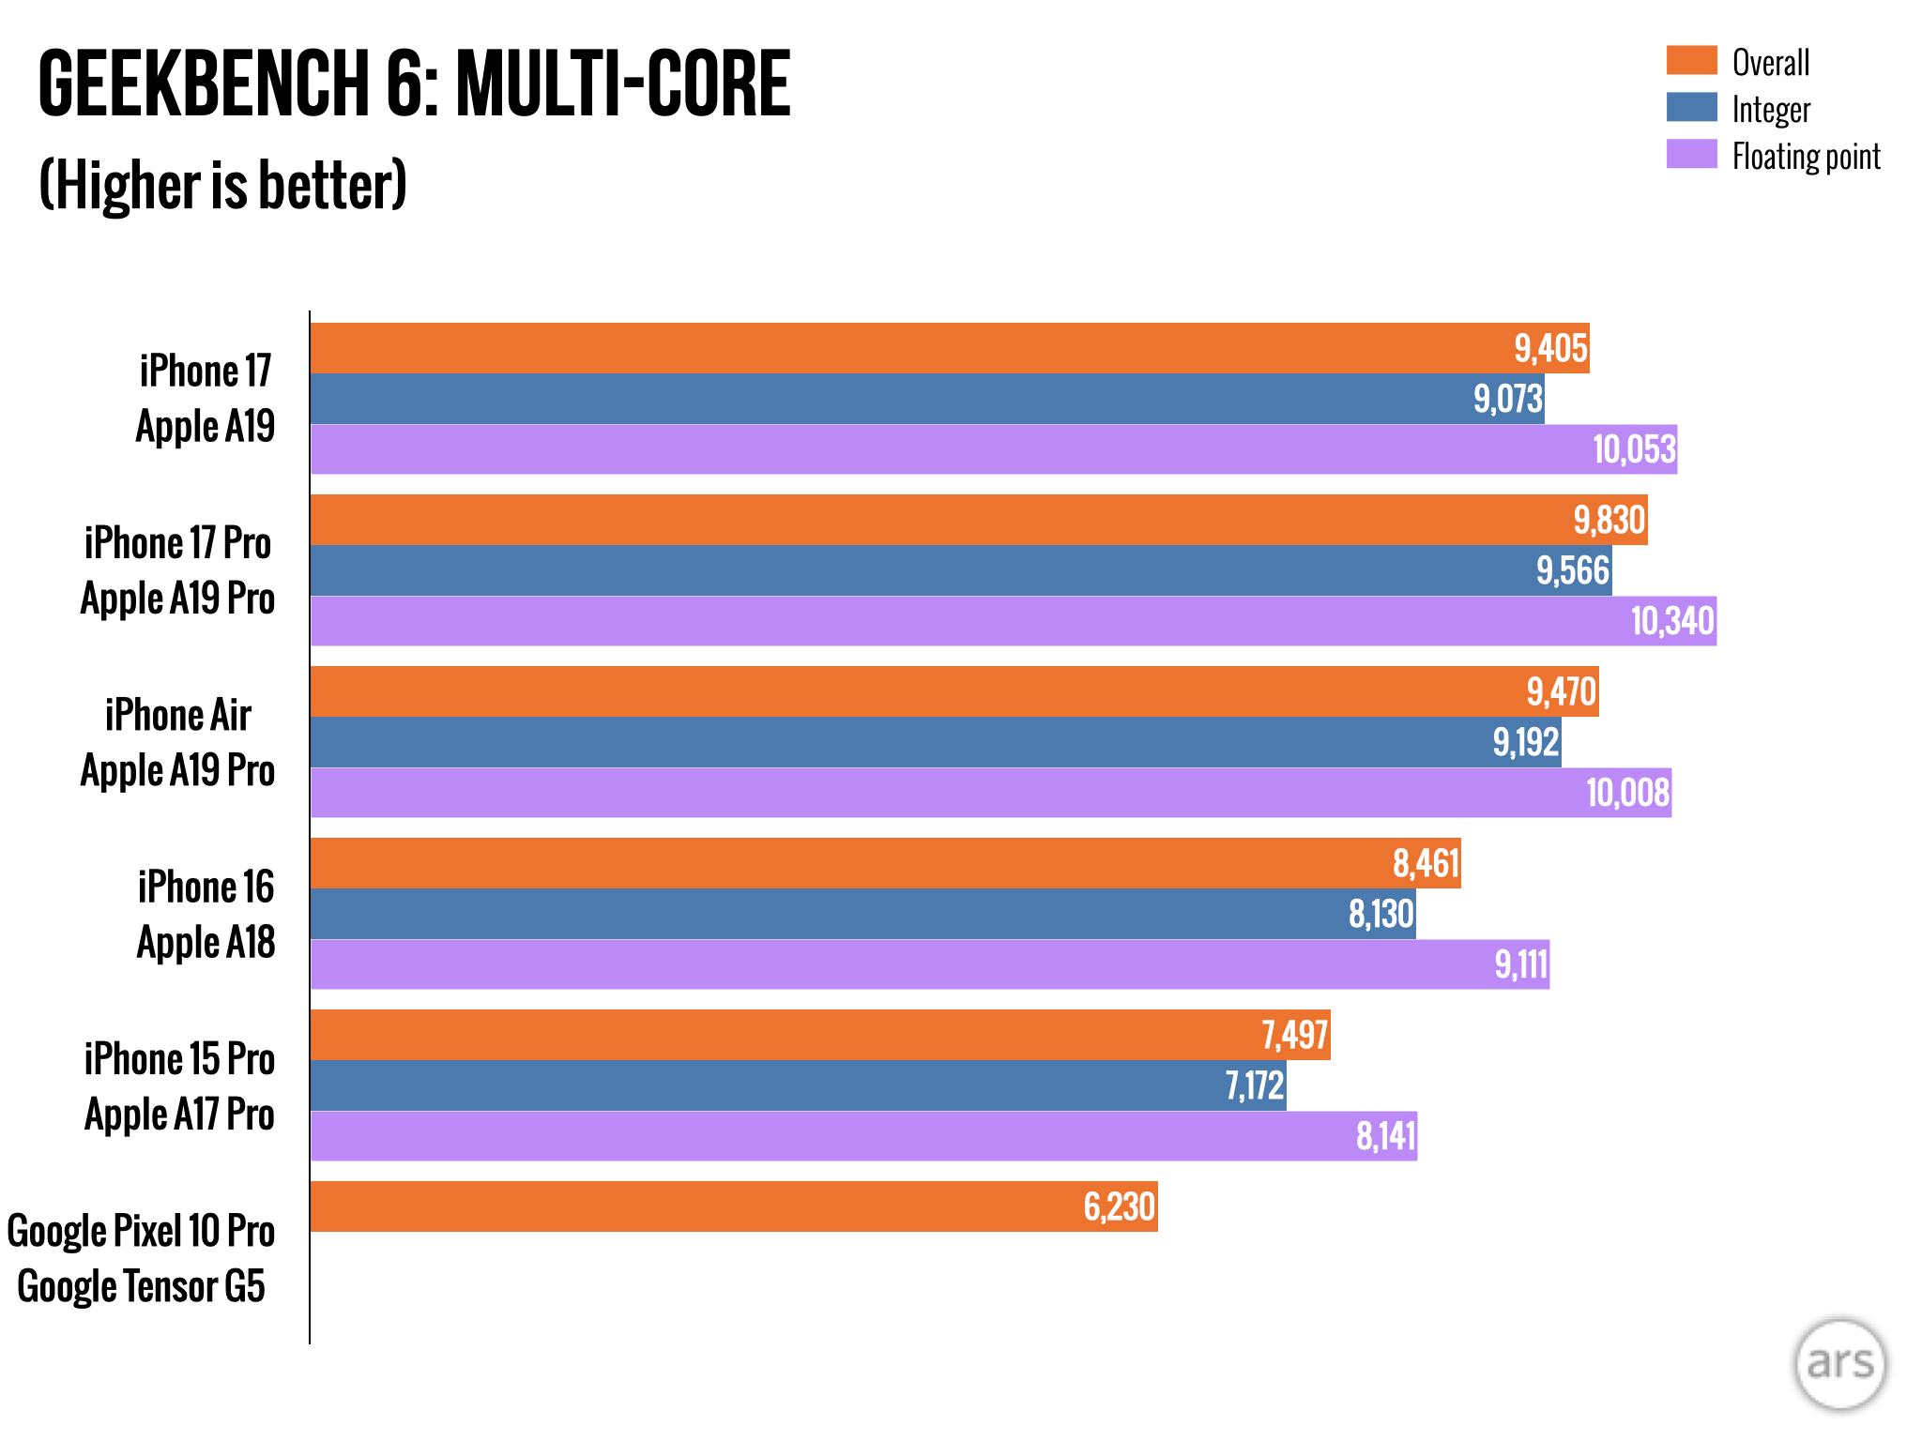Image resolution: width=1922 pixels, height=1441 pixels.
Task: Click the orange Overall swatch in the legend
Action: point(1691,60)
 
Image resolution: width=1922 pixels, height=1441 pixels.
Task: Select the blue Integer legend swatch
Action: point(1691,107)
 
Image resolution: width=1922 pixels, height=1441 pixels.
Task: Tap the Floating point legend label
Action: point(1806,157)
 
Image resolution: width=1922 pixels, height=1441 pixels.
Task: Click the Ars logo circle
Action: point(1839,1364)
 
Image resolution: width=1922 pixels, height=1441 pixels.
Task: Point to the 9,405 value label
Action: point(1550,349)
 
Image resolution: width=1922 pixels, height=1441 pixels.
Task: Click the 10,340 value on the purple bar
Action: point(1671,621)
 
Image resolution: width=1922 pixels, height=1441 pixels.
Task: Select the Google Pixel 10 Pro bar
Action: point(733,1206)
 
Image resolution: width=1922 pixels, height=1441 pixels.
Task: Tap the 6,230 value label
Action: point(1119,1206)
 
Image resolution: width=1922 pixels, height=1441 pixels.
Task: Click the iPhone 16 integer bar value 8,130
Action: point(1380,914)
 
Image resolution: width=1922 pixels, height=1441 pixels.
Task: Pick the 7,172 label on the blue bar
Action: point(1254,1085)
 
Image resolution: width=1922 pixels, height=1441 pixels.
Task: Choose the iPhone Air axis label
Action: point(178,715)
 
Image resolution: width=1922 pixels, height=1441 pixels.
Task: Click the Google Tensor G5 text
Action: point(142,1286)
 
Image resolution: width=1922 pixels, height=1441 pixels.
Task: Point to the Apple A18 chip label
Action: point(206,942)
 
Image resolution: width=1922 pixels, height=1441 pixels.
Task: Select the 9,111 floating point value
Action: point(1520,964)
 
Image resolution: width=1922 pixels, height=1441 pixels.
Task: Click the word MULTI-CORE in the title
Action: point(623,84)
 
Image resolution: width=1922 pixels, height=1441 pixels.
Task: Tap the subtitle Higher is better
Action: point(223,185)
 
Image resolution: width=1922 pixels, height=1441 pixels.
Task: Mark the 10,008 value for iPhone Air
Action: point(1627,793)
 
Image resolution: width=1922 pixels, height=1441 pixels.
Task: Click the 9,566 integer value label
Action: point(1572,570)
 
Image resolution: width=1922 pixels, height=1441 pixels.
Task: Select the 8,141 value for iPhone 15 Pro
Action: point(1385,1136)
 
